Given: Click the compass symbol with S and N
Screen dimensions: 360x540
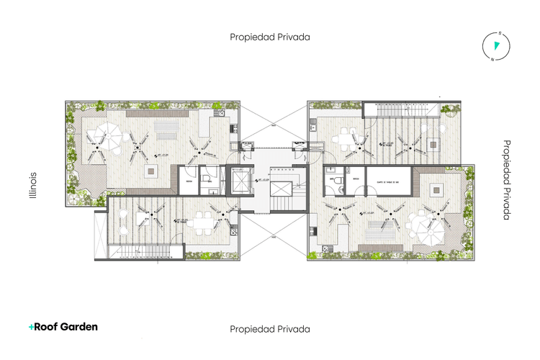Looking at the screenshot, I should point(495,45).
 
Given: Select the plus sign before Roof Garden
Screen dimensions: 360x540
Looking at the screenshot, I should point(31,327).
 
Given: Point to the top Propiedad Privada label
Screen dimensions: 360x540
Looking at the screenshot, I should point(269,37).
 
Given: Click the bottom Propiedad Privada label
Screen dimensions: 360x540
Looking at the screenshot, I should point(269,329).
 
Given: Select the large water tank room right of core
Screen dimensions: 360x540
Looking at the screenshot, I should point(388,179).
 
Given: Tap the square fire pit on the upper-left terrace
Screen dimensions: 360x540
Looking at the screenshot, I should point(152,171).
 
